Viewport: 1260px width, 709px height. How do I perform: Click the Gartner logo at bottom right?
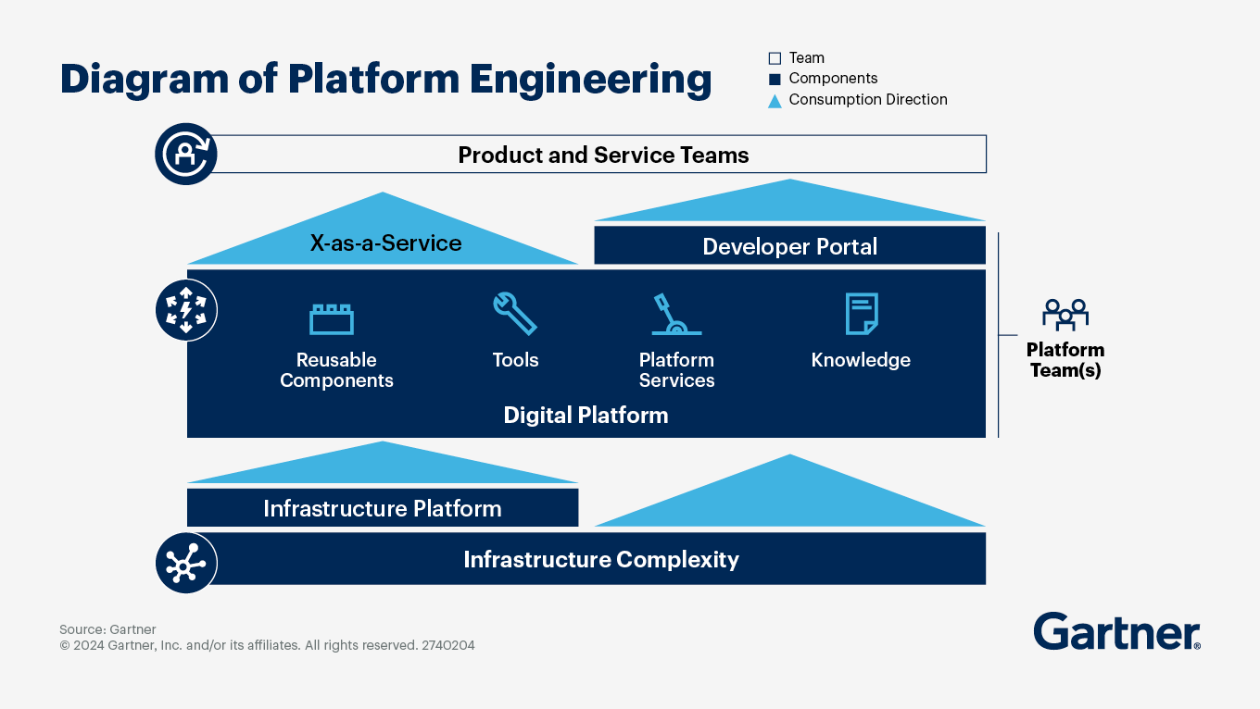coord(1116,632)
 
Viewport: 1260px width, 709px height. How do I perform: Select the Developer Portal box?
coord(789,246)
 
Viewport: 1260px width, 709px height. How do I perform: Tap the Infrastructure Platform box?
coord(382,508)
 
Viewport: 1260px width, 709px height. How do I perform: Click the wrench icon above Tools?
coord(514,314)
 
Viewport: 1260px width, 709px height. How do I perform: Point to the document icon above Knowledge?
coord(861,314)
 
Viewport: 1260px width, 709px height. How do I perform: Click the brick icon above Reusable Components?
coord(332,318)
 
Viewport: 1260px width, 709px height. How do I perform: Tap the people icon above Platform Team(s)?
coord(1065,315)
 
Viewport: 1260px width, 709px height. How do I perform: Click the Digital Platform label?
coord(586,415)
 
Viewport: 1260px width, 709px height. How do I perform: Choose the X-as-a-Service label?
coord(385,243)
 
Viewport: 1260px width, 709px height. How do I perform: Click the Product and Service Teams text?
coord(603,155)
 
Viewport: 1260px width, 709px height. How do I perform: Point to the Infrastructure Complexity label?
coord(600,559)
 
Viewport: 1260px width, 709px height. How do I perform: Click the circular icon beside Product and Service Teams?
coord(186,155)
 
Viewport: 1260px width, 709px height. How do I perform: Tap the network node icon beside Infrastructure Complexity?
coord(186,562)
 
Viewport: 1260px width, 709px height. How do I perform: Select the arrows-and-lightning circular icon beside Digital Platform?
coord(186,311)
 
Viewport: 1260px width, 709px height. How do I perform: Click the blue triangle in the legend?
coord(775,100)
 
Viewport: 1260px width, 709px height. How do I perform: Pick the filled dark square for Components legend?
coord(775,79)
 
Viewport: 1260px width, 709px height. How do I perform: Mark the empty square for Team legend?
coord(775,58)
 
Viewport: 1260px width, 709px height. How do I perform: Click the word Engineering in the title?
coord(590,80)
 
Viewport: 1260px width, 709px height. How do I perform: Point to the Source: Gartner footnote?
coord(107,629)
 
